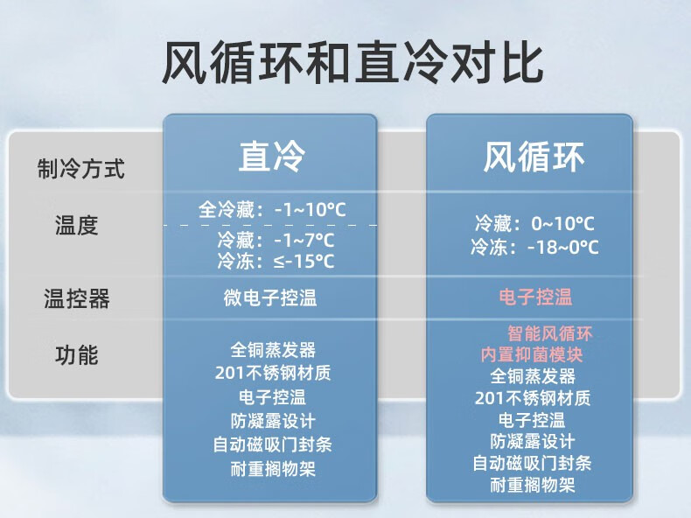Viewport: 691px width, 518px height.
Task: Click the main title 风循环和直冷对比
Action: pos(352,62)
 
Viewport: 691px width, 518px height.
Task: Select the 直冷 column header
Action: pos(272,156)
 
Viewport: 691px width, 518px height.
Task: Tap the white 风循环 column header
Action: pos(534,157)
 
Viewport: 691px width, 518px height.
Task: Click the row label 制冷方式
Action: pos(81,168)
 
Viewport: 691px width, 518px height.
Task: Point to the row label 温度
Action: pos(76,225)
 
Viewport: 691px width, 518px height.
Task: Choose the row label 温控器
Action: pos(76,298)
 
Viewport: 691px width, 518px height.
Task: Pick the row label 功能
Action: pos(76,355)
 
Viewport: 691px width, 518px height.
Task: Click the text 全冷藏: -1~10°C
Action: pos(272,209)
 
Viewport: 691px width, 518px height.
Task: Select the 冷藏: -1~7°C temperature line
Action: pos(276,241)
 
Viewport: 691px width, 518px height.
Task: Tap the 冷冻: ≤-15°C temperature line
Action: pos(276,261)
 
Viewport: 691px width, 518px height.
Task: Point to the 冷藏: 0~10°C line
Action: pos(534,223)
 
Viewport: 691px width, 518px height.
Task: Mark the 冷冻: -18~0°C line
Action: pos(534,247)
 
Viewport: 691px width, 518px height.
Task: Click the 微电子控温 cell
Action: pos(270,297)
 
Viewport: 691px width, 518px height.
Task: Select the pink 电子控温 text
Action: pos(535,297)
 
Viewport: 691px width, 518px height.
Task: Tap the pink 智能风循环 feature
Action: pos(550,333)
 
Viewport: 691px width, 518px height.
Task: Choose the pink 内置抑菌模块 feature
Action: pos(532,355)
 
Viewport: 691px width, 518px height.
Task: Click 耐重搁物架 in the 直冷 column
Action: pos(273,469)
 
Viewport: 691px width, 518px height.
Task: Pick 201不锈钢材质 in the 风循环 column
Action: pos(533,398)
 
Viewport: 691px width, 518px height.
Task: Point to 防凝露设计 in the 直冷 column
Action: pos(273,421)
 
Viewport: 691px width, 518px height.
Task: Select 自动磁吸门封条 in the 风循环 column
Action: pos(532,463)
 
